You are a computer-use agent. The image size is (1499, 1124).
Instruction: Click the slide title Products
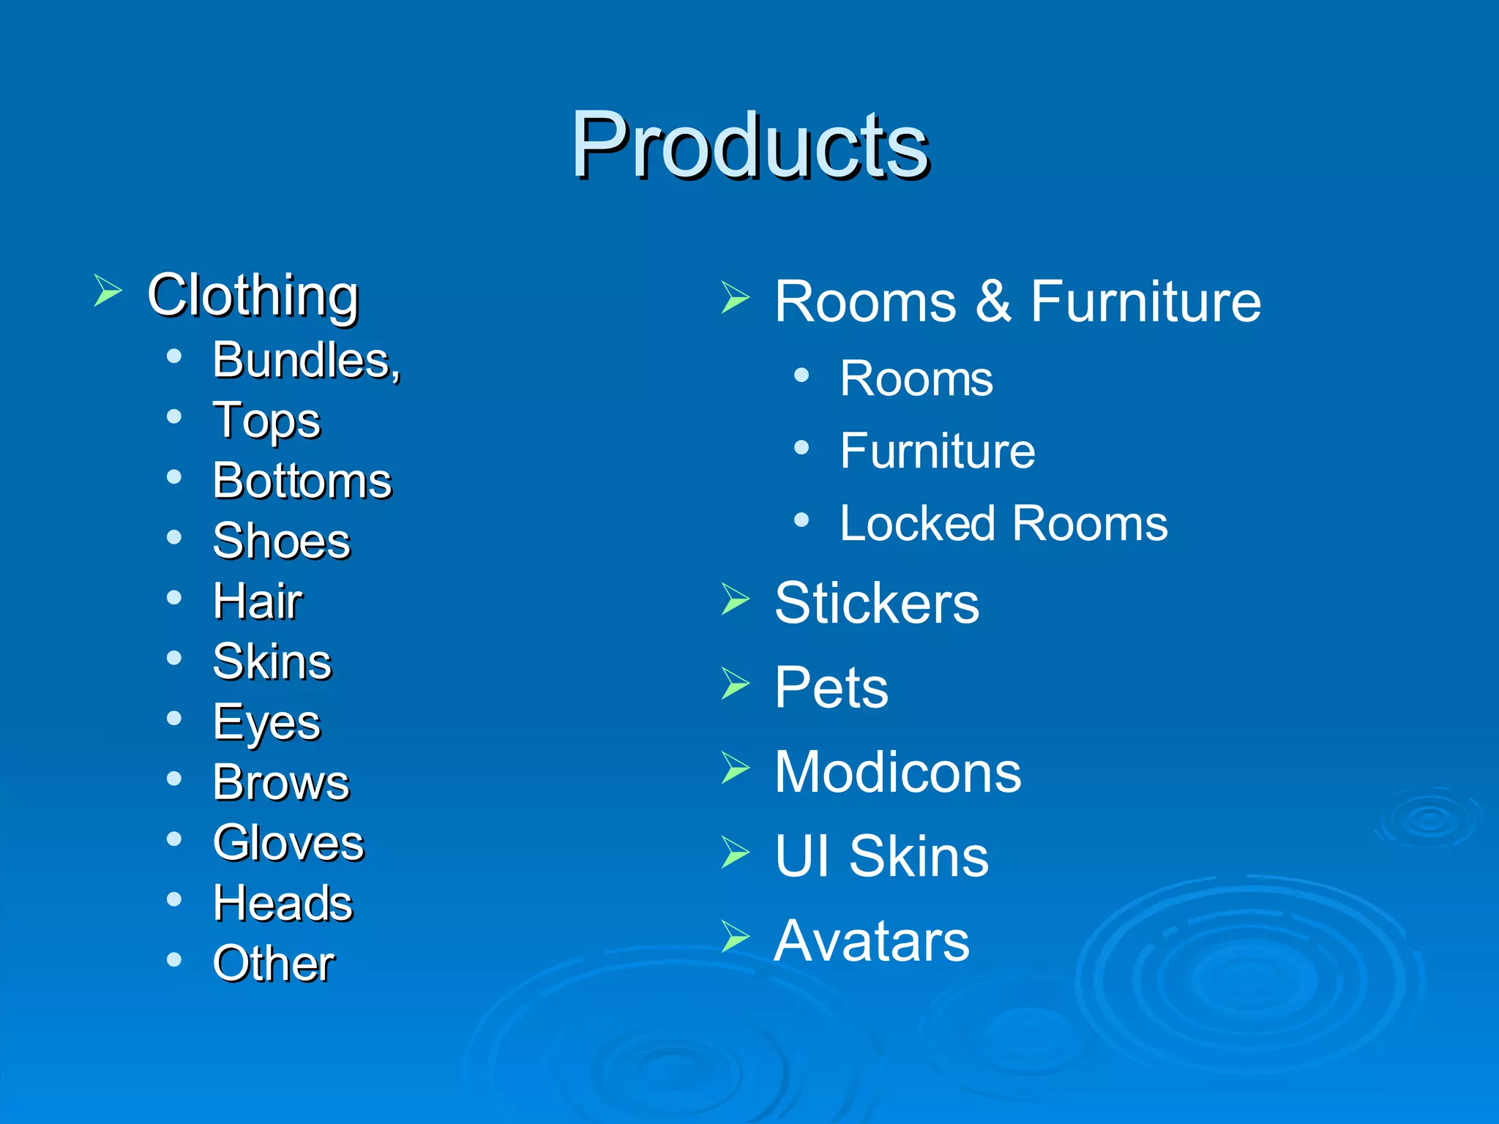click(x=749, y=144)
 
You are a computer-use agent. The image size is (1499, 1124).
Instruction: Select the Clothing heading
click(x=253, y=295)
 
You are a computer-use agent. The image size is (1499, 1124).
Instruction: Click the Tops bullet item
click(x=266, y=421)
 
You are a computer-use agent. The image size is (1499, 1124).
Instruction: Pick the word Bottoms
click(x=302, y=482)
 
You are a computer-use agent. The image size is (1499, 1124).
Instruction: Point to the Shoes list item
click(x=282, y=542)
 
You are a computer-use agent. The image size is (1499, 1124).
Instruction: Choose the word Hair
click(x=258, y=602)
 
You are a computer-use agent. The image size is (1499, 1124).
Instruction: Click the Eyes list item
click(x=266, y=723)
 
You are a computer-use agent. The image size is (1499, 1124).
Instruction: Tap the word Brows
click(x=282, y=783)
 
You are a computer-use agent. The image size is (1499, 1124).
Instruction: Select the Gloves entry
click(x=288, y=843)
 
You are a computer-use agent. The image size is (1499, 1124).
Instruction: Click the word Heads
click(x=283, y=903)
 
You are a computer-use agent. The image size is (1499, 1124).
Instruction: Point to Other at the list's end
click(x=274, y=963)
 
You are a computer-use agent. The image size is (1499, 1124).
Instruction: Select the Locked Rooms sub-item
click(x=1003, y=524)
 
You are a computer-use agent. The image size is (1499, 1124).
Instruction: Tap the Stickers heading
click(x=877, y=603)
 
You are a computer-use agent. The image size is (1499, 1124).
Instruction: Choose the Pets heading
click(x=831, y=688)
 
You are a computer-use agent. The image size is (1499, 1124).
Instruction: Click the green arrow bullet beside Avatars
click(x=735, y=937)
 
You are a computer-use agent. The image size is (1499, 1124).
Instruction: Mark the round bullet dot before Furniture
click(x=801, y=447)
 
